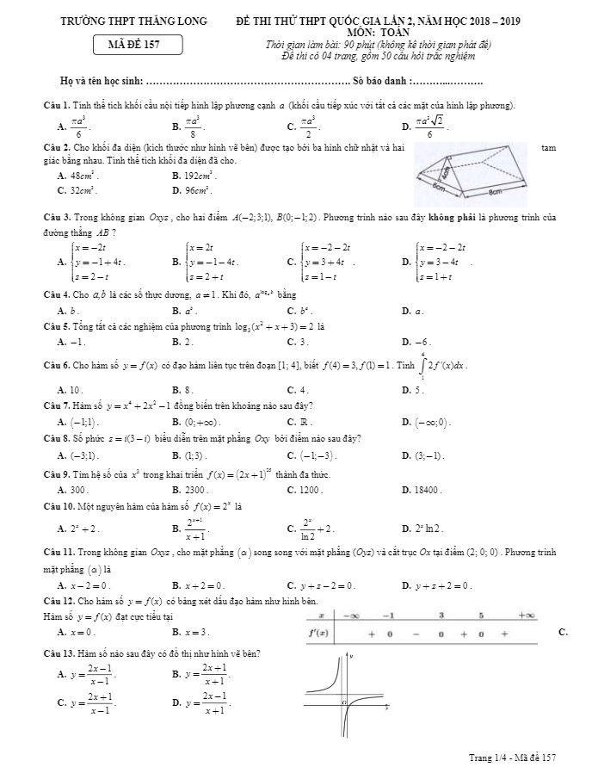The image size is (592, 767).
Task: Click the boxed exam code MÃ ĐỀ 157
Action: [x=138, y=44]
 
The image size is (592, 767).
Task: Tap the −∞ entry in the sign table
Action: [x=351, y=616]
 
